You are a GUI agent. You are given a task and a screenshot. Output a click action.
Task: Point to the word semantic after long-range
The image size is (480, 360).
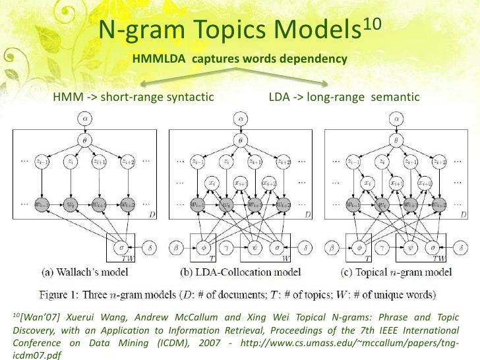[396, 98]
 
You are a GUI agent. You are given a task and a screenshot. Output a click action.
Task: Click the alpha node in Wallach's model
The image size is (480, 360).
[86, 119]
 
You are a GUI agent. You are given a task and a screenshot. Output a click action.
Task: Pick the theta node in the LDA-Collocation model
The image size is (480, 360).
[242, 140]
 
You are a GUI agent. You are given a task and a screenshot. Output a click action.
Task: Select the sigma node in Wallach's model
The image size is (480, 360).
[121, 249]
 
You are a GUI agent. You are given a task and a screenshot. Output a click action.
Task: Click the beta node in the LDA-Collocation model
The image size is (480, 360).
[176, 249]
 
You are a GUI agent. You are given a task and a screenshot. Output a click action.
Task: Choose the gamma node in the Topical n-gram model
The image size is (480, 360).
[382, 249]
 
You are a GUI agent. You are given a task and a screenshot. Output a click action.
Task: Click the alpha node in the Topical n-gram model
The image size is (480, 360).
[396, 119]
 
